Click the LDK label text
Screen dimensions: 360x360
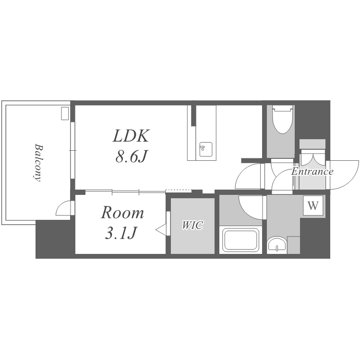[131, 136]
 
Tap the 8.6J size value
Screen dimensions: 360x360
[131, 156]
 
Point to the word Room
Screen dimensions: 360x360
[122, 213]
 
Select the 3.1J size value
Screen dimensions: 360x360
[121, 233]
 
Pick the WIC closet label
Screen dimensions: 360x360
[192, 225]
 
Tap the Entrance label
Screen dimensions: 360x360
[312, 171]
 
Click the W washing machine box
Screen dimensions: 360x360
[313, 205]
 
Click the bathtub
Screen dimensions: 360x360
[240, 240]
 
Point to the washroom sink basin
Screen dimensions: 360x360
[277, 245]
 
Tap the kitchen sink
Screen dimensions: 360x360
[206, 149]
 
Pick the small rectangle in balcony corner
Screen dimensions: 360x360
[65, 113]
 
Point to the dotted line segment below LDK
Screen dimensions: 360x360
[179, 190]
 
